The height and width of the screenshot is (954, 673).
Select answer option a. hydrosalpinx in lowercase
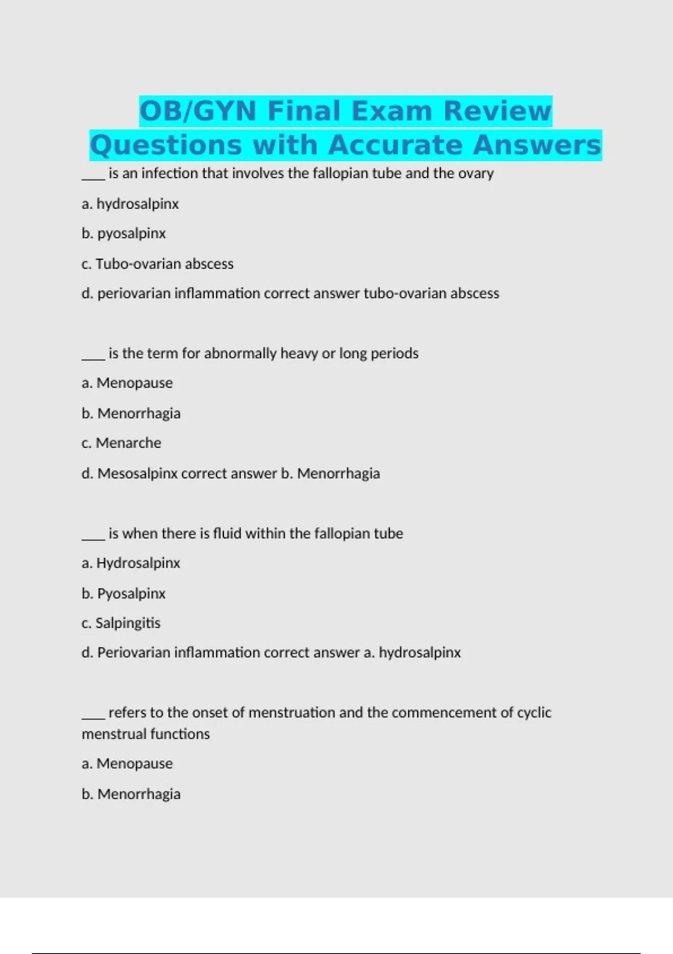(x=130, y=204)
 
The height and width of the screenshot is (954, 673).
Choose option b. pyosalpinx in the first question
(x=123, y=233)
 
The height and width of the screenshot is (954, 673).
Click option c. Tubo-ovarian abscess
(x=157, y=264)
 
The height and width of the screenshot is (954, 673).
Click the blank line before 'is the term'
(x=93, y=354)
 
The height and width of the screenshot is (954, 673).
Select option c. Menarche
(x=121, y=443)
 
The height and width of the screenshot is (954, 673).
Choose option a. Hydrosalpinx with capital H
(x=131, y=563)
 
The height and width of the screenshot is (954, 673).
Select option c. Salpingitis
(x=121, y=623)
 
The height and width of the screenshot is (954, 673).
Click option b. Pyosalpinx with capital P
(x=123, y=594)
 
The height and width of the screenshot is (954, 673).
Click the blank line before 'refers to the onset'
(x=93, y=713)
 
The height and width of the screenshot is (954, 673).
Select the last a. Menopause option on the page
(x=127, y=764)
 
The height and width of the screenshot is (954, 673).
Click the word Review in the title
(x=497, y=111)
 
